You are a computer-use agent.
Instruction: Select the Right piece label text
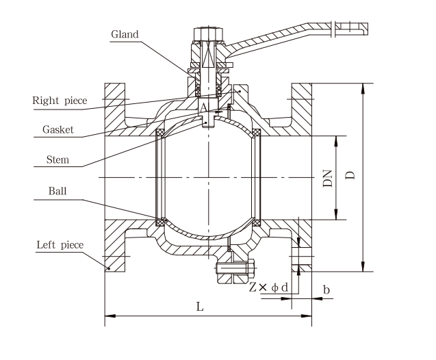point(60,101)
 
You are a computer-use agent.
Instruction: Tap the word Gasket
point(58,129)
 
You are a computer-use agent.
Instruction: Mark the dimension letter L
point(200,307)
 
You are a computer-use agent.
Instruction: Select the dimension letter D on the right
point(351,176)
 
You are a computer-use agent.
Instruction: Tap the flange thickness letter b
point(326,290)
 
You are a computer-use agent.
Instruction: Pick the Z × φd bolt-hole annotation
point(268,288)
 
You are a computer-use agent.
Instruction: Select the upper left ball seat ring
point(160,132)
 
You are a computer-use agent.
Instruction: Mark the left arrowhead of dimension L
point(107,316)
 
